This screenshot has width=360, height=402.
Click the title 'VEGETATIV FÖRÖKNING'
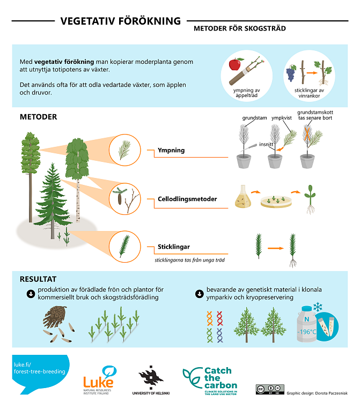click(x=120, y=21)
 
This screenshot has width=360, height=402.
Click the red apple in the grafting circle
click(x=234, y=65)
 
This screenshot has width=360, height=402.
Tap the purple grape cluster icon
click(x=291, y=73)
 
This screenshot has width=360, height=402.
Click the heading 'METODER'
click(x=38, y=117)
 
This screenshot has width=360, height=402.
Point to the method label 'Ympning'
click(x=171, y=151)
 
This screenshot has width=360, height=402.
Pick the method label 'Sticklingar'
click(x=174, y=247)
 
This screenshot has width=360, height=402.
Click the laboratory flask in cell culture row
click(x=242, y=197)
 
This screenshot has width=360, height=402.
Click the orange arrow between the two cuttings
click(x=275, y=248)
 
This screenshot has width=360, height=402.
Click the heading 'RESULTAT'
click(x=38, y=279)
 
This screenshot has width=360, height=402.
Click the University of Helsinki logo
click(x=151, y=380)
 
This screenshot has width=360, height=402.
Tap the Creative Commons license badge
click(x=269, y=389)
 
